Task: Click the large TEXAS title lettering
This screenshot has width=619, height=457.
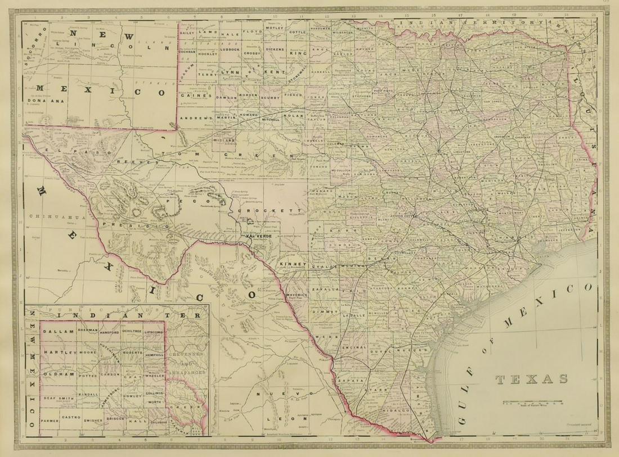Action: pyautogui.click(x=532, y=379)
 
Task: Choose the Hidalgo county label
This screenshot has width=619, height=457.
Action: pyautogui.click(x=396, y=411)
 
